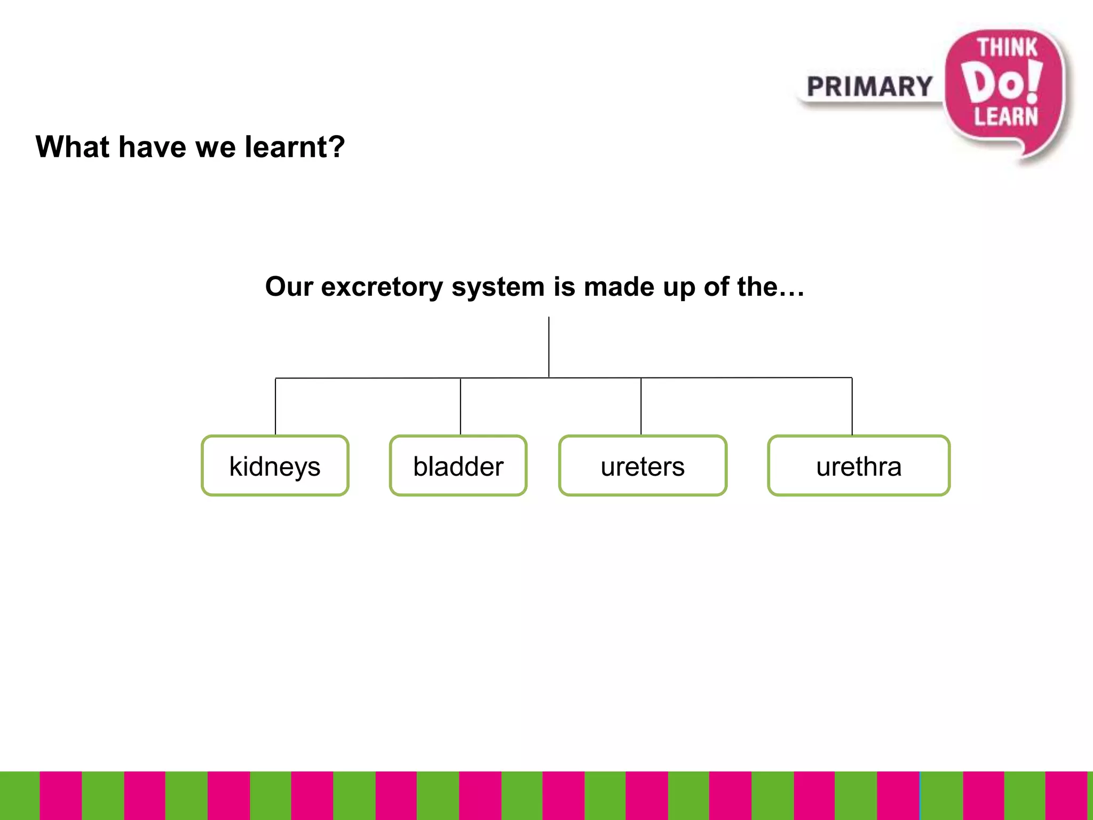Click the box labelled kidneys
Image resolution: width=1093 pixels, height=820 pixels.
click(275, 466)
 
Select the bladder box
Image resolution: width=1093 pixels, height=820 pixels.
click(458, 466)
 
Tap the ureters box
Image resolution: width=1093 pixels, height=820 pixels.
click(643, 466)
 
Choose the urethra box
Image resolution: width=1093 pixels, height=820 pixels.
click(859, 466)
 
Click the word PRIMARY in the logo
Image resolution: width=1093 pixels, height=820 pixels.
click(869, 87)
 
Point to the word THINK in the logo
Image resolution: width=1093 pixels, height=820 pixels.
click(1007, 48)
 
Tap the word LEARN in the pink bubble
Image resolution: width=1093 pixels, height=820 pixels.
click(1006, 116)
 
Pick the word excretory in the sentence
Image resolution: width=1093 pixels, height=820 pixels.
click(382, 287)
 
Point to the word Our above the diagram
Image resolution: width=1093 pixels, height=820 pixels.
click(289, 287)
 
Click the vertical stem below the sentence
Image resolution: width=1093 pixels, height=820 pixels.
click(549, 347)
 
